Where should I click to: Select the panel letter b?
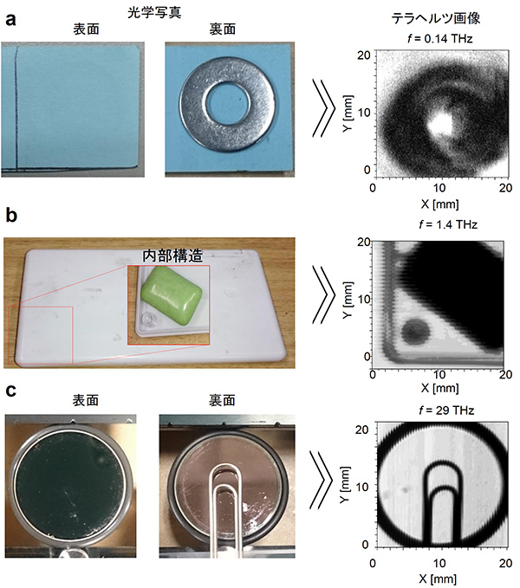click(12, 216)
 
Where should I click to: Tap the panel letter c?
click(11, 391)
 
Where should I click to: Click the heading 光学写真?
click(156, 11)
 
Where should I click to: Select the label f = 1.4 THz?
click(435, 225)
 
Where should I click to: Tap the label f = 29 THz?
click(435, 406)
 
